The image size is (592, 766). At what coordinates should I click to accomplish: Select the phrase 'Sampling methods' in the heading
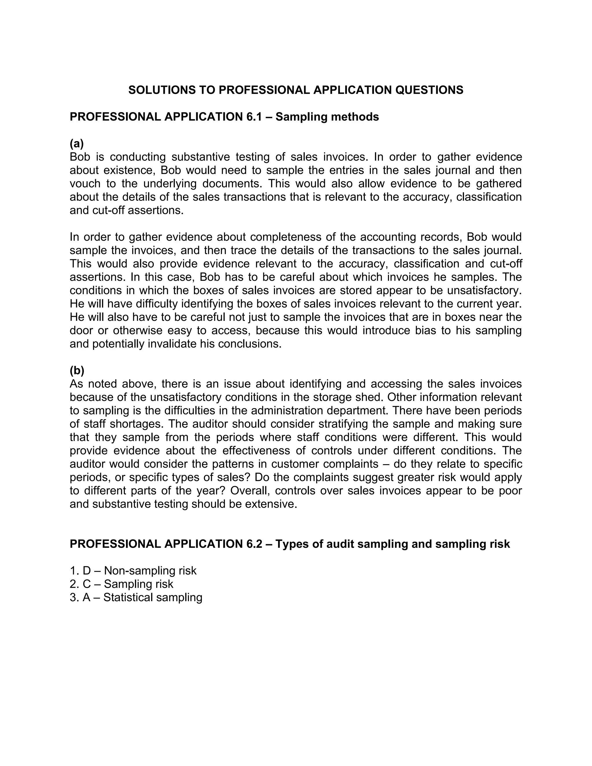[327, 117]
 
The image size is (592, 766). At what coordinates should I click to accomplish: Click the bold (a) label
[77, 143]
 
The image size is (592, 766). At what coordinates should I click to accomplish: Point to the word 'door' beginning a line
[82, 330]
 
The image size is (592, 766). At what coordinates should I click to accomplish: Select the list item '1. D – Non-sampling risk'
[133, 571]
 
